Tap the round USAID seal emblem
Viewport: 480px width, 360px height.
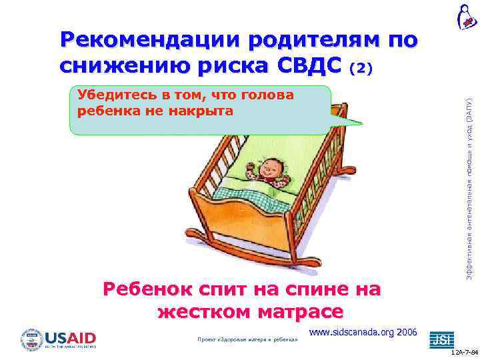click(31, 339)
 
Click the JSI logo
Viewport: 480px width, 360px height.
click(441, 339)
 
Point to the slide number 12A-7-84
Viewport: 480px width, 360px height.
click(464, 352)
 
